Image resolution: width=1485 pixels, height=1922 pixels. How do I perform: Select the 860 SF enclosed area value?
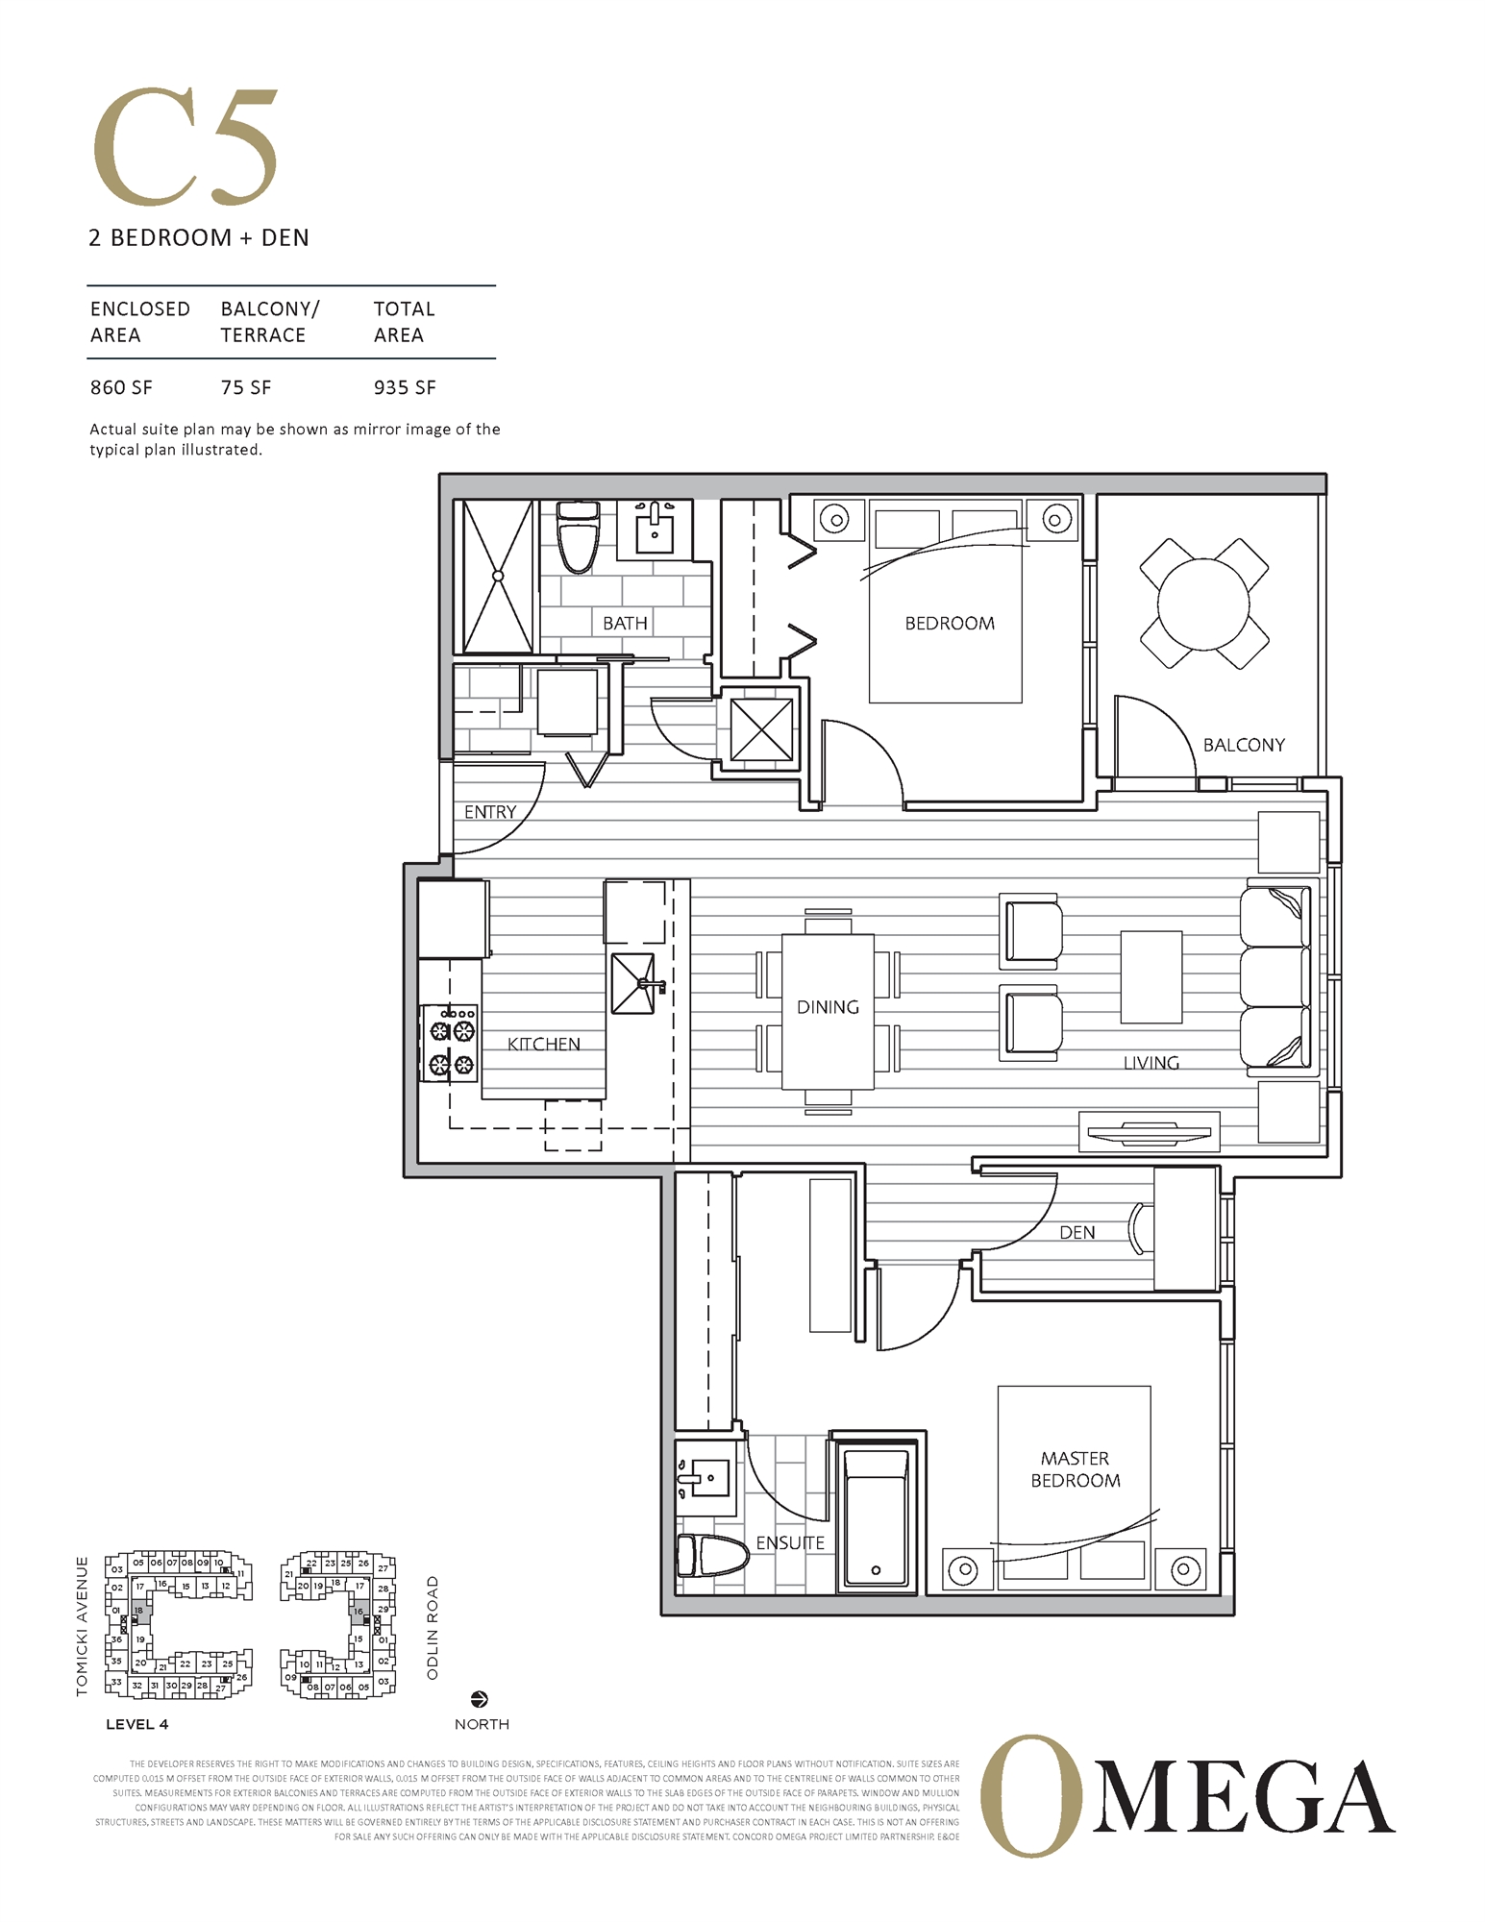(121, 387)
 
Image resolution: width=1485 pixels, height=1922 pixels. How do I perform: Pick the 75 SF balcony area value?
(246, 387)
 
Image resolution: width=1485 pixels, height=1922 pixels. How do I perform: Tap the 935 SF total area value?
(405, 387)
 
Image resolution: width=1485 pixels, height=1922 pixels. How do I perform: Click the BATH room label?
(625, 623)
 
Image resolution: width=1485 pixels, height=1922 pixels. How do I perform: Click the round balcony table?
(1203, 604)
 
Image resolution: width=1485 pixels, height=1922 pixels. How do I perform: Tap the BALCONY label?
(1244, 745)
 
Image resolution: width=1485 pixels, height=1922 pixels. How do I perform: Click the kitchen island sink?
(634, 983)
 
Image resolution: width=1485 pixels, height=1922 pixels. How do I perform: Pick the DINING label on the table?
(828, 1007)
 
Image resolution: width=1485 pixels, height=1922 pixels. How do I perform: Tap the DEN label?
(1077, 1232)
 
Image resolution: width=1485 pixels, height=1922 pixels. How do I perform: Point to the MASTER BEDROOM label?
(1075, 1469)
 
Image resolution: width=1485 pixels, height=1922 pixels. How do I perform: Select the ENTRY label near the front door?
(490, 812)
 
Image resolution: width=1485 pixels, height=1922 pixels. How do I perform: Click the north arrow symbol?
(480, 1700)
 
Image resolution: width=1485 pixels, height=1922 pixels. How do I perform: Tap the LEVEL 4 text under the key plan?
(136, 1724)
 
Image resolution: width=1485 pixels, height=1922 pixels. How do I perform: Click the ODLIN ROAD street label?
(433, 1628)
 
